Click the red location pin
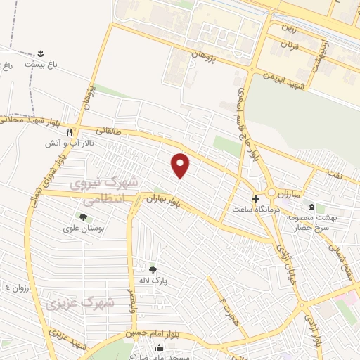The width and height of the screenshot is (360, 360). click(x=181, y=165)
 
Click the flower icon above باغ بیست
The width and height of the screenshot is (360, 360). click(x=40, y=54)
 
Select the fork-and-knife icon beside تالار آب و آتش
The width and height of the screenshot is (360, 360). click(x=69, y=131)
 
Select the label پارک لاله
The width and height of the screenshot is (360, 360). click(x=157, y=279)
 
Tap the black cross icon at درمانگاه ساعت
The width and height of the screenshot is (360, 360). click(x=255, y=198)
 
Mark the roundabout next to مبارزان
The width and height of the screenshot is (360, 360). click(x=271, y=193)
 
